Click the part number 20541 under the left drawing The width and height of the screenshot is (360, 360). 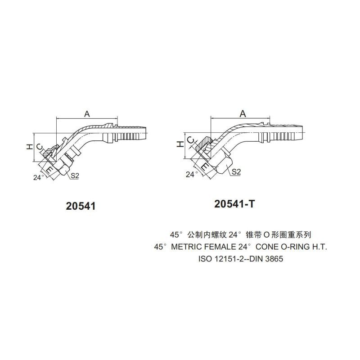click(81, 207)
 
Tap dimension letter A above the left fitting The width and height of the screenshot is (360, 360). click(87, 114)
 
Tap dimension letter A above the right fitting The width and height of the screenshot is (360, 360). click(243, 113)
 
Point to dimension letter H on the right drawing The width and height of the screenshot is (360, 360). click(180, 144)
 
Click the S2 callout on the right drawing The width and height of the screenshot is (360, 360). click(236, 171)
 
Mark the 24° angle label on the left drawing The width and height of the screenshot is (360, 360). click(39, 177)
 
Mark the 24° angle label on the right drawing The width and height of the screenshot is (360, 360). click(192, 174)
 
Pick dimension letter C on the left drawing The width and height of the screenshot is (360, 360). click(40, 147)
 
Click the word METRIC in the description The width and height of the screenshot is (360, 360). click(187, 247)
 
